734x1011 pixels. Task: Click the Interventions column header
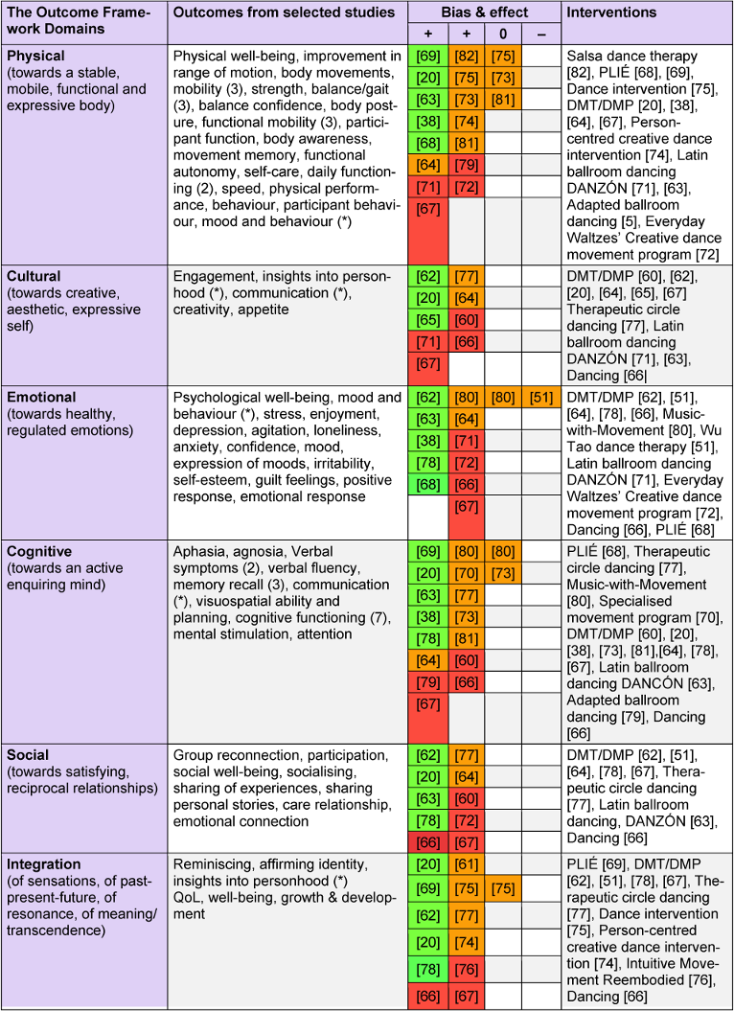coord(612,12)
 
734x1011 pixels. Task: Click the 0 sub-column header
coord(502,34)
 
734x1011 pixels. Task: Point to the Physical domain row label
coord(34,56)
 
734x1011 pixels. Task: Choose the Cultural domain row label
coord(33,276)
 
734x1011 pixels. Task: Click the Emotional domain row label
coord(39,397)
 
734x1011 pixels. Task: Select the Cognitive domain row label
coord(38,552)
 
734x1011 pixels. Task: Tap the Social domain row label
coord(28,755)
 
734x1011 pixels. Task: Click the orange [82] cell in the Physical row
coord(465,57)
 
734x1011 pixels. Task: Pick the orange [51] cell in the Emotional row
coord(539,398)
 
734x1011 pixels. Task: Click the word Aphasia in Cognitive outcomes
coord(201,552)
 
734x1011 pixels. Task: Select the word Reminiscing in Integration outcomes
coord(213,864)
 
